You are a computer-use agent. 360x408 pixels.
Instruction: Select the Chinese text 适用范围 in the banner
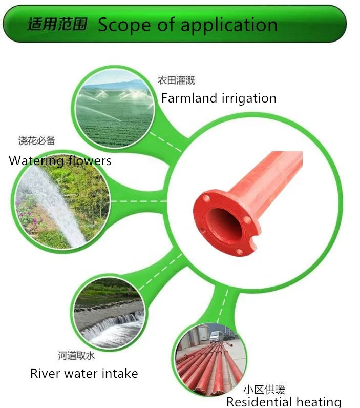[57, 24]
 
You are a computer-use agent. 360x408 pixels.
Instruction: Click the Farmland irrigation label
[219, 98]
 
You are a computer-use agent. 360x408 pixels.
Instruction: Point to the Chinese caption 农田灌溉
[176, 80]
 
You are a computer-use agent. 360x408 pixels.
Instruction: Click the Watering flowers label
[60, 160]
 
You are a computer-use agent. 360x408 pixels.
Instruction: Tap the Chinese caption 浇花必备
[36, 140]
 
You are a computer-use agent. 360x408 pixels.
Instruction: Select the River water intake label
[84, 373]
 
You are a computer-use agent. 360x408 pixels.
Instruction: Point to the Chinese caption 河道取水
[76, 355]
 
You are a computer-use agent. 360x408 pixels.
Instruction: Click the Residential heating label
[283, 402]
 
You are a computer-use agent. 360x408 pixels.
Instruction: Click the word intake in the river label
[119, 373]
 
